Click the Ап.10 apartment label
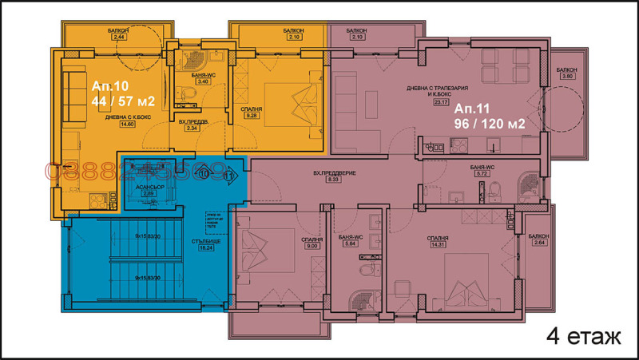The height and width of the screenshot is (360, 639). (110, 85)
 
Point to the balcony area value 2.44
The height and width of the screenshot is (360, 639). (120, 38)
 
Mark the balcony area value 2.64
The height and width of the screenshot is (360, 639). (539, 243)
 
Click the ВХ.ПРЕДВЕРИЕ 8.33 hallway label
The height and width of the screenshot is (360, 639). (333, 176)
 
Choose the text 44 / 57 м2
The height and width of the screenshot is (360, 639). (122, 101)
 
